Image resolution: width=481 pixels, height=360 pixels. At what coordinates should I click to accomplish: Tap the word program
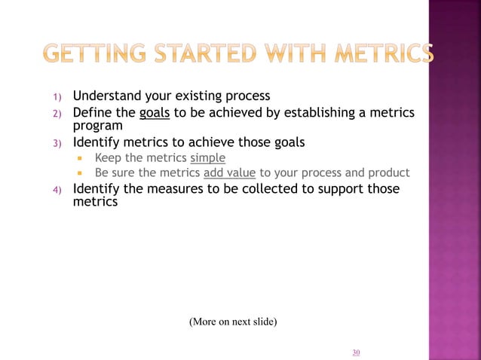click(x=97, y=126)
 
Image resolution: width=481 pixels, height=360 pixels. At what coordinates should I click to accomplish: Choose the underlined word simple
click(x=207, y=157)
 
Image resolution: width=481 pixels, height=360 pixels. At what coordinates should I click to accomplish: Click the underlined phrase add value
click(x=229, y=172)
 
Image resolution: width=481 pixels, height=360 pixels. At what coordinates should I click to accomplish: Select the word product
click(x=388, y=172)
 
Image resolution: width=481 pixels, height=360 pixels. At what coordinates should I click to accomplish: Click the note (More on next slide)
click(x=233, y=322)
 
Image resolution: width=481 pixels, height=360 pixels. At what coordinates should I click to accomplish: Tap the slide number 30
click(x=356, y=352)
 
